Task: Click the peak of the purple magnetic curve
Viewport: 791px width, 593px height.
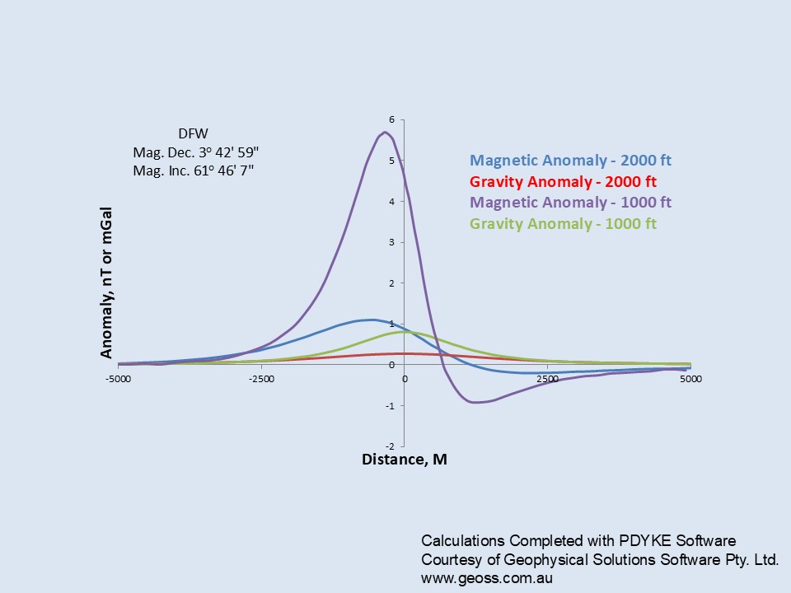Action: coord(385,133)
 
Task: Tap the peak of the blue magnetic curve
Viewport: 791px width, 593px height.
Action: coord(372,320)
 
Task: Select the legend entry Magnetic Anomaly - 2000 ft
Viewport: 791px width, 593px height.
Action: coord(570,161)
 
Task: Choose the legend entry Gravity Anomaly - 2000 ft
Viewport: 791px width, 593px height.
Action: coord(563,181)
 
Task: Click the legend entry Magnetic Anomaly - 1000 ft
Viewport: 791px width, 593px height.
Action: coord(570,203)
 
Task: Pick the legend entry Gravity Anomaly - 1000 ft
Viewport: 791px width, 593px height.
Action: coord(563,223)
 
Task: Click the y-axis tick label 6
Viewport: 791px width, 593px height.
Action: coord(391,119)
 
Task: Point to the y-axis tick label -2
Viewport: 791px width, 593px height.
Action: coord(390,446)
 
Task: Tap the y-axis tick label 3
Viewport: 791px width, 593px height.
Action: coord(391,242)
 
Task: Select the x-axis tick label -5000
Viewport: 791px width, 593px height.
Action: coord(118,379)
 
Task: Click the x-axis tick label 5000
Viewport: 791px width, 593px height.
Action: coord(690,379)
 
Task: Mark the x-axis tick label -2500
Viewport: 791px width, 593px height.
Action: coord(261,379)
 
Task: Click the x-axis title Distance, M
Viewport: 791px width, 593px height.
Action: coord(405,460)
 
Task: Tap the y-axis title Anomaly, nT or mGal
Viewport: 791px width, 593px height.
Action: coord(106,282)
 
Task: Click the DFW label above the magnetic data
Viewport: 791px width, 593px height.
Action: coord(193,133)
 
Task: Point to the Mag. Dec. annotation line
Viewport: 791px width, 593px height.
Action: coord(196,152)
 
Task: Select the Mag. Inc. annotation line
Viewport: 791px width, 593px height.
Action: coord(193,171)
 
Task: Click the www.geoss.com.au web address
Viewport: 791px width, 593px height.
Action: coord(487,578)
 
